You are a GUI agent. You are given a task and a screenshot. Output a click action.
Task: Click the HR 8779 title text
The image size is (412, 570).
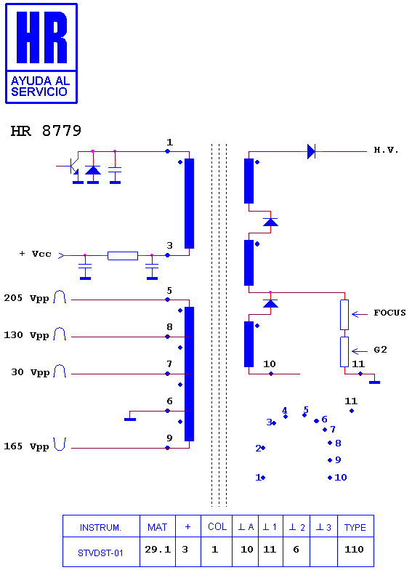tap(46, 131)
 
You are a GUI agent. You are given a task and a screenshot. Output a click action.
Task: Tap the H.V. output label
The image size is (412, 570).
tap(387, 150)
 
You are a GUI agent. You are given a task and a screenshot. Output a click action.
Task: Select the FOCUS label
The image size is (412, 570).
tap(389, 313)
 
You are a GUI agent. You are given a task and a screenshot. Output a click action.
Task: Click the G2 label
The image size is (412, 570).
tap(381, 350)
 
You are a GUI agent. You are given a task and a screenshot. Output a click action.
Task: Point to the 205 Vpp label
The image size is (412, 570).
tap(26, 298)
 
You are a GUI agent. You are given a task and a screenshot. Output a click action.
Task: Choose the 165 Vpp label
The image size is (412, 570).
tap(26, 446)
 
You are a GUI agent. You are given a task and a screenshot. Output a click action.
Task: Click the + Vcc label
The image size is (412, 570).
tap(35, 254)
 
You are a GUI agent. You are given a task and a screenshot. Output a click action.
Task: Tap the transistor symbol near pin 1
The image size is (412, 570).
tap(73, 167)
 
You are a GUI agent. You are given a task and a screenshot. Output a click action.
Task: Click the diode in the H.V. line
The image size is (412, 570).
tap(311, 151)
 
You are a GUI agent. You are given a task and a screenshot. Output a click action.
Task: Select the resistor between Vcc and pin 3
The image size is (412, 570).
tap(123, 256)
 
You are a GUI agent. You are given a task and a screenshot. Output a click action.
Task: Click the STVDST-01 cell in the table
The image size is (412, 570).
tap(100, 553)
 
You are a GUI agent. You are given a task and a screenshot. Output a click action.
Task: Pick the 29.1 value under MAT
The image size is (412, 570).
tap(158, 550)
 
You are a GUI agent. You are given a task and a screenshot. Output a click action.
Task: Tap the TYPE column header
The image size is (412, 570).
tap(355, 527)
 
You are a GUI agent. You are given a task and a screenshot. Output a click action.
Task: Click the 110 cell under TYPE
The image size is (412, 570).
tap(354, 550)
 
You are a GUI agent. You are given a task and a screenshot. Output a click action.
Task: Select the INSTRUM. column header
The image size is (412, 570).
tap(100, 527)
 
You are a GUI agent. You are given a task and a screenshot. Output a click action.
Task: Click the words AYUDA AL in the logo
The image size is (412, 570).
tap(41, 80)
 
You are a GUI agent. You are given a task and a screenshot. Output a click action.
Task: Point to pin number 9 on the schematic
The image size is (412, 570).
tap(169, 438)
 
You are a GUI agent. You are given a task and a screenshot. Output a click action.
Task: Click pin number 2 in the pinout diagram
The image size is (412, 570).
tap(258, 448)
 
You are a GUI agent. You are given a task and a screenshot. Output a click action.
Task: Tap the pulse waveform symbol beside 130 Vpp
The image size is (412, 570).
tap(60, 334)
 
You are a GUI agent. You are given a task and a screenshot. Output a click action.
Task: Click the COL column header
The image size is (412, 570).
tap(217, 526)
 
